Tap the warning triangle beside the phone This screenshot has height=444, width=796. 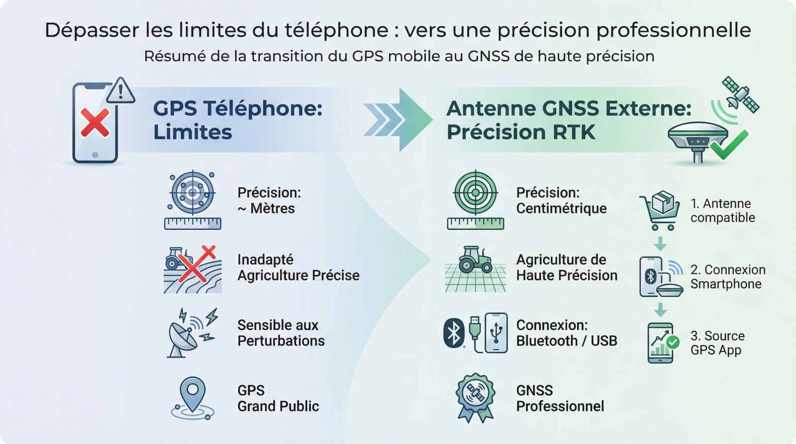click(x=120, y=91)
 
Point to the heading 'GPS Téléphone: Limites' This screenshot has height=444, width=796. click(x=238, y=120)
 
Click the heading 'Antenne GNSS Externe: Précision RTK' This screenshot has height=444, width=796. click(x=569, y=120)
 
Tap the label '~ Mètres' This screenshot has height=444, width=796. click(x=266, y=208)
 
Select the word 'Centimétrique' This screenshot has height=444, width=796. click(x=561, y=208)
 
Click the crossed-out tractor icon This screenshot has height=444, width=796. click(x=192, y=269)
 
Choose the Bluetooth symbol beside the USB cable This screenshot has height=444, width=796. click(x=454, y=333)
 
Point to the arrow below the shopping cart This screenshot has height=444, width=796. click(x=660, y=244)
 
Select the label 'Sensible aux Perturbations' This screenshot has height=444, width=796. click(x=281, y=333)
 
